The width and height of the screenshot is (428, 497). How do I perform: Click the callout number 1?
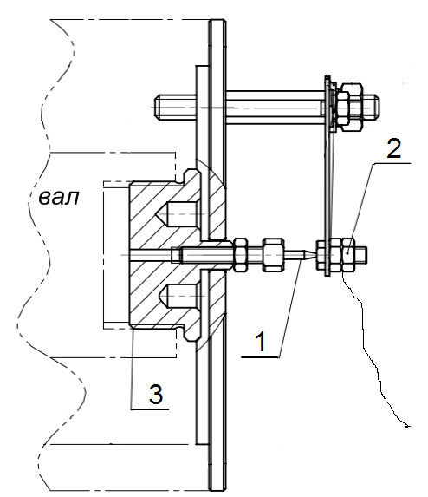point(261,342)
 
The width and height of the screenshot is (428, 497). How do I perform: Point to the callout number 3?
point(156,394)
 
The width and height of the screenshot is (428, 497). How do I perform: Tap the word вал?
point(59,198)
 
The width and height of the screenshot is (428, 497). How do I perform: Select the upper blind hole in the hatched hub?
point(178,214)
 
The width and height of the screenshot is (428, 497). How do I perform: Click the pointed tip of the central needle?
point(315,255)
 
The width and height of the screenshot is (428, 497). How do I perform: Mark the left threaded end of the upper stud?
point(159,108)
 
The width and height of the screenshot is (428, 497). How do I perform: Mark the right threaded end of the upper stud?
point(374,108)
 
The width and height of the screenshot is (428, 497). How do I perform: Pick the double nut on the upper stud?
point(348,108)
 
